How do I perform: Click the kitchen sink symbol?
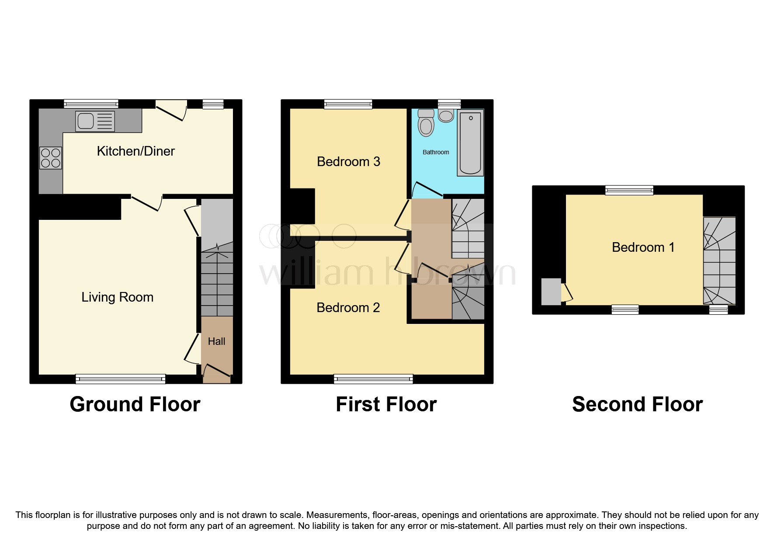click(95, 121)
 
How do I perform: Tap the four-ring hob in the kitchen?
click(51, 158)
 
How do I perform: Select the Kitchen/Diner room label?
click(135, 151)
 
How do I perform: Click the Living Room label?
click(117, 297)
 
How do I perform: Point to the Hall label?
click(216, 341)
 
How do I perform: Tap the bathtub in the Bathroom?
click(470, 142)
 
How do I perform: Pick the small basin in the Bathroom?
click(446, 116)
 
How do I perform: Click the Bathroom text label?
click(436, 152)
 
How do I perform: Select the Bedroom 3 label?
click(348, 162)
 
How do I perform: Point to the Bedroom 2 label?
click(348, 308)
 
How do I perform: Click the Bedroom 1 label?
click(643, 247)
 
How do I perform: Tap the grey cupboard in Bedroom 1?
click(551, 292)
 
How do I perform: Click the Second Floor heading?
click(637, 404)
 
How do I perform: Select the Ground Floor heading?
click(135, 404)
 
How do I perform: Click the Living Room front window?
click(121, 379)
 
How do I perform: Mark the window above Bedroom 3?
click(348, 104)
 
